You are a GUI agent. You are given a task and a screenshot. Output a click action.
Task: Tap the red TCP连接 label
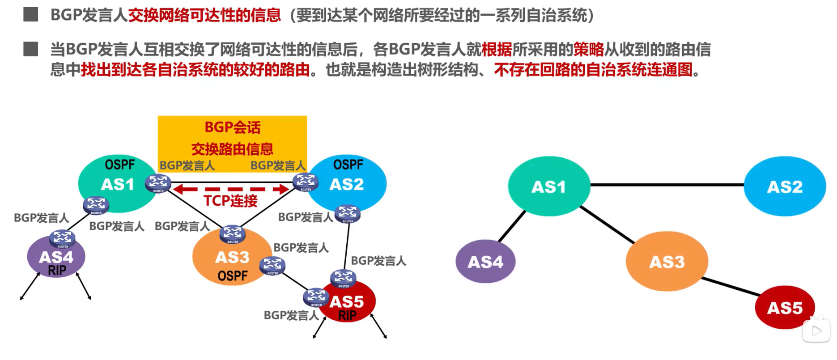(x=230, y=201)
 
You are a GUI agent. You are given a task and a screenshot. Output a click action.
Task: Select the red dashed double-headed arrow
(x=231, y=189)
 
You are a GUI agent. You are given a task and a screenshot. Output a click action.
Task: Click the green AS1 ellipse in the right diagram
(x=549, y=186)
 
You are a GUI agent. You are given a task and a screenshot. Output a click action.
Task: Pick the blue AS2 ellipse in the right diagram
(x=785, y=186)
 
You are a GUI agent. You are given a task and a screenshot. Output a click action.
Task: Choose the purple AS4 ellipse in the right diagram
(x=485, y=262)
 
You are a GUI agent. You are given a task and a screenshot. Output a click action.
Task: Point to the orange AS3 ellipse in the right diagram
(x=667, y=262)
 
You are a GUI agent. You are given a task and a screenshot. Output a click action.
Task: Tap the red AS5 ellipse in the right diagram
(x=785, y=308)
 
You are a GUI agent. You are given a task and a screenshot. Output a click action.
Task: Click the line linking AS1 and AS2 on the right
(x=667, y=184)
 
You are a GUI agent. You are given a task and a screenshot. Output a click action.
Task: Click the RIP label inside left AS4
(x=57, y=271)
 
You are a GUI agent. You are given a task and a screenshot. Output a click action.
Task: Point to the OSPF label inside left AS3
(x=232, y=276)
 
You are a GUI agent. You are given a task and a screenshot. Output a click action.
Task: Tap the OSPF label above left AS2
(x=348, y=165)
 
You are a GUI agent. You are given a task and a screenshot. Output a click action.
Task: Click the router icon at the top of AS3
(x=232, y=233)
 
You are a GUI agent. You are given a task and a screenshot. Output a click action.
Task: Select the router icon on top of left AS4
(x=62, y=238)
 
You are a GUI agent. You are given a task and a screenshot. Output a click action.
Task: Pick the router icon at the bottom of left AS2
(x=348, y=213)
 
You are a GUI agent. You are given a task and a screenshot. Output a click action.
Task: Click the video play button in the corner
(x=816, y=331)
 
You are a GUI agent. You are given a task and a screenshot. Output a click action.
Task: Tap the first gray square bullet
(x=30, y=14)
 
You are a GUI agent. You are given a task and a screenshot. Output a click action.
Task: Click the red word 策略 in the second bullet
(x=588, y=49)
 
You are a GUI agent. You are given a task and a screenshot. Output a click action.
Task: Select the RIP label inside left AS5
(x=347, y=316)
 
